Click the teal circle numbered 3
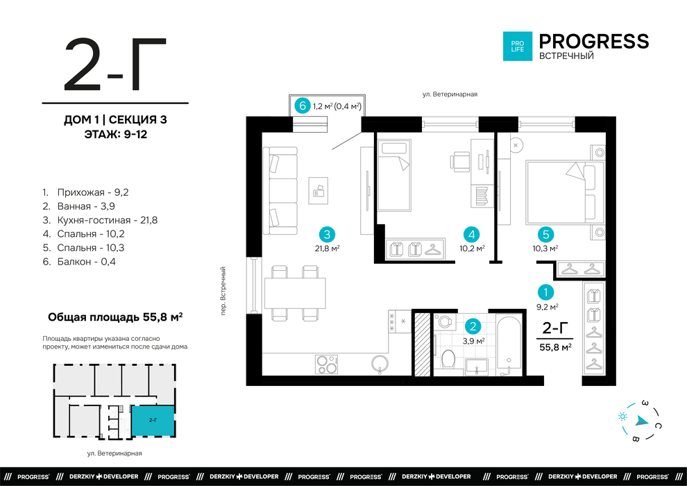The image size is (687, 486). click(x=327, y=235)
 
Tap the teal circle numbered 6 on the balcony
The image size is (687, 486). click(x=302, y=106)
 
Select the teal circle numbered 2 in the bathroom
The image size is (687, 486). click(x=473, y=326)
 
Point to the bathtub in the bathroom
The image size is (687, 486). click(x=509, y=345)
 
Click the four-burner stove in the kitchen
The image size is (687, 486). click(x=326, y=364)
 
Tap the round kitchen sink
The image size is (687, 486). click(x=380, y=364)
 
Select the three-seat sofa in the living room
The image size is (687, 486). click(x=280, y=191)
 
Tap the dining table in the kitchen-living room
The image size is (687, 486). click(x=295, y=293)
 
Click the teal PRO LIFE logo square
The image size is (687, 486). click(x=518, y=46)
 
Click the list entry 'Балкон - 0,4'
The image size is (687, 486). click(x=79, y=262)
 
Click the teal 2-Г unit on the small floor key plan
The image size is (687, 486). click(x=153, y=420)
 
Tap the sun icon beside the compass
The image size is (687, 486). click(x=622, y=417)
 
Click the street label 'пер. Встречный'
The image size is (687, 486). click(x=223, y=291)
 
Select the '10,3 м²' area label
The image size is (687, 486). click(x=545, y=249)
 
